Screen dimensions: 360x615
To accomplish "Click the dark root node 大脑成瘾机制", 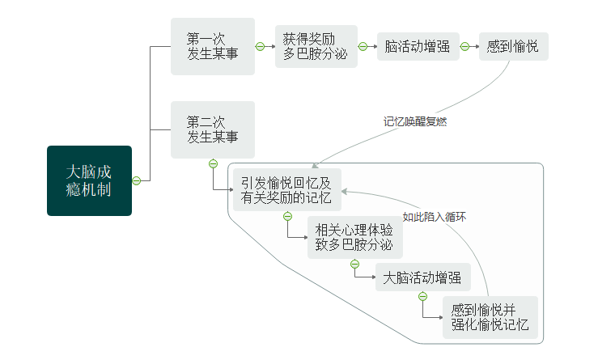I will (x=89, y=180).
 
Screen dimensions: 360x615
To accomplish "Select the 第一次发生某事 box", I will (x=212, y=46).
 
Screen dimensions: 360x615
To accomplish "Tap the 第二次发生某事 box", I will (x=212, y=129).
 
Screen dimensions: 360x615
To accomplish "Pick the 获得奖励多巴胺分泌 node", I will (x=316, y=46).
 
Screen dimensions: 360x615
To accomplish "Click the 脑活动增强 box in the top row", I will (x=418, y=46).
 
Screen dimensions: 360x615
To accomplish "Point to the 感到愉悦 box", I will (x=513, y=46).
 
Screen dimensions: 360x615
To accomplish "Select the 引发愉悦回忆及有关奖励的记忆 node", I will (x=286, y=189).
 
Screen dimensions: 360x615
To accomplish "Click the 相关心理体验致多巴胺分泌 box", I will (x=353, y=237).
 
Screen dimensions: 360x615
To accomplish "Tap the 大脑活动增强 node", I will (x=423, y=277).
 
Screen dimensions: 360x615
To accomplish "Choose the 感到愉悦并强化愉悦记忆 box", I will (x=490, y=316).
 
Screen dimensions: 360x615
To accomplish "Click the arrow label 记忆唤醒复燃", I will (x=415, y=122).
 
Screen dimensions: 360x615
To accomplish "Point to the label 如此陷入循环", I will (x=435, y=217).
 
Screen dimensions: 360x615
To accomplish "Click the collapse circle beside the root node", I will (x=137, y=180).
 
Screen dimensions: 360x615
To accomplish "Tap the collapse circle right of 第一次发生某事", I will (x=260, y=46).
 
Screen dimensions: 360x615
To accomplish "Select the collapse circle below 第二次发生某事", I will (x=213, y=163).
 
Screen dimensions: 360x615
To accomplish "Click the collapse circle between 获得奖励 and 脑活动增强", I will (x=363, y=46).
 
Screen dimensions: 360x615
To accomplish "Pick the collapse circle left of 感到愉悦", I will (x=465, y=46).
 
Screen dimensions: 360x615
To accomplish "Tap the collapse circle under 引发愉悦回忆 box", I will (x=287, y=216).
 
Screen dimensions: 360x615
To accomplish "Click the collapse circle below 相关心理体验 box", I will (x=354, y=264).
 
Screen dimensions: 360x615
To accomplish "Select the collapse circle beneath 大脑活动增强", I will (x=422, y=296).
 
